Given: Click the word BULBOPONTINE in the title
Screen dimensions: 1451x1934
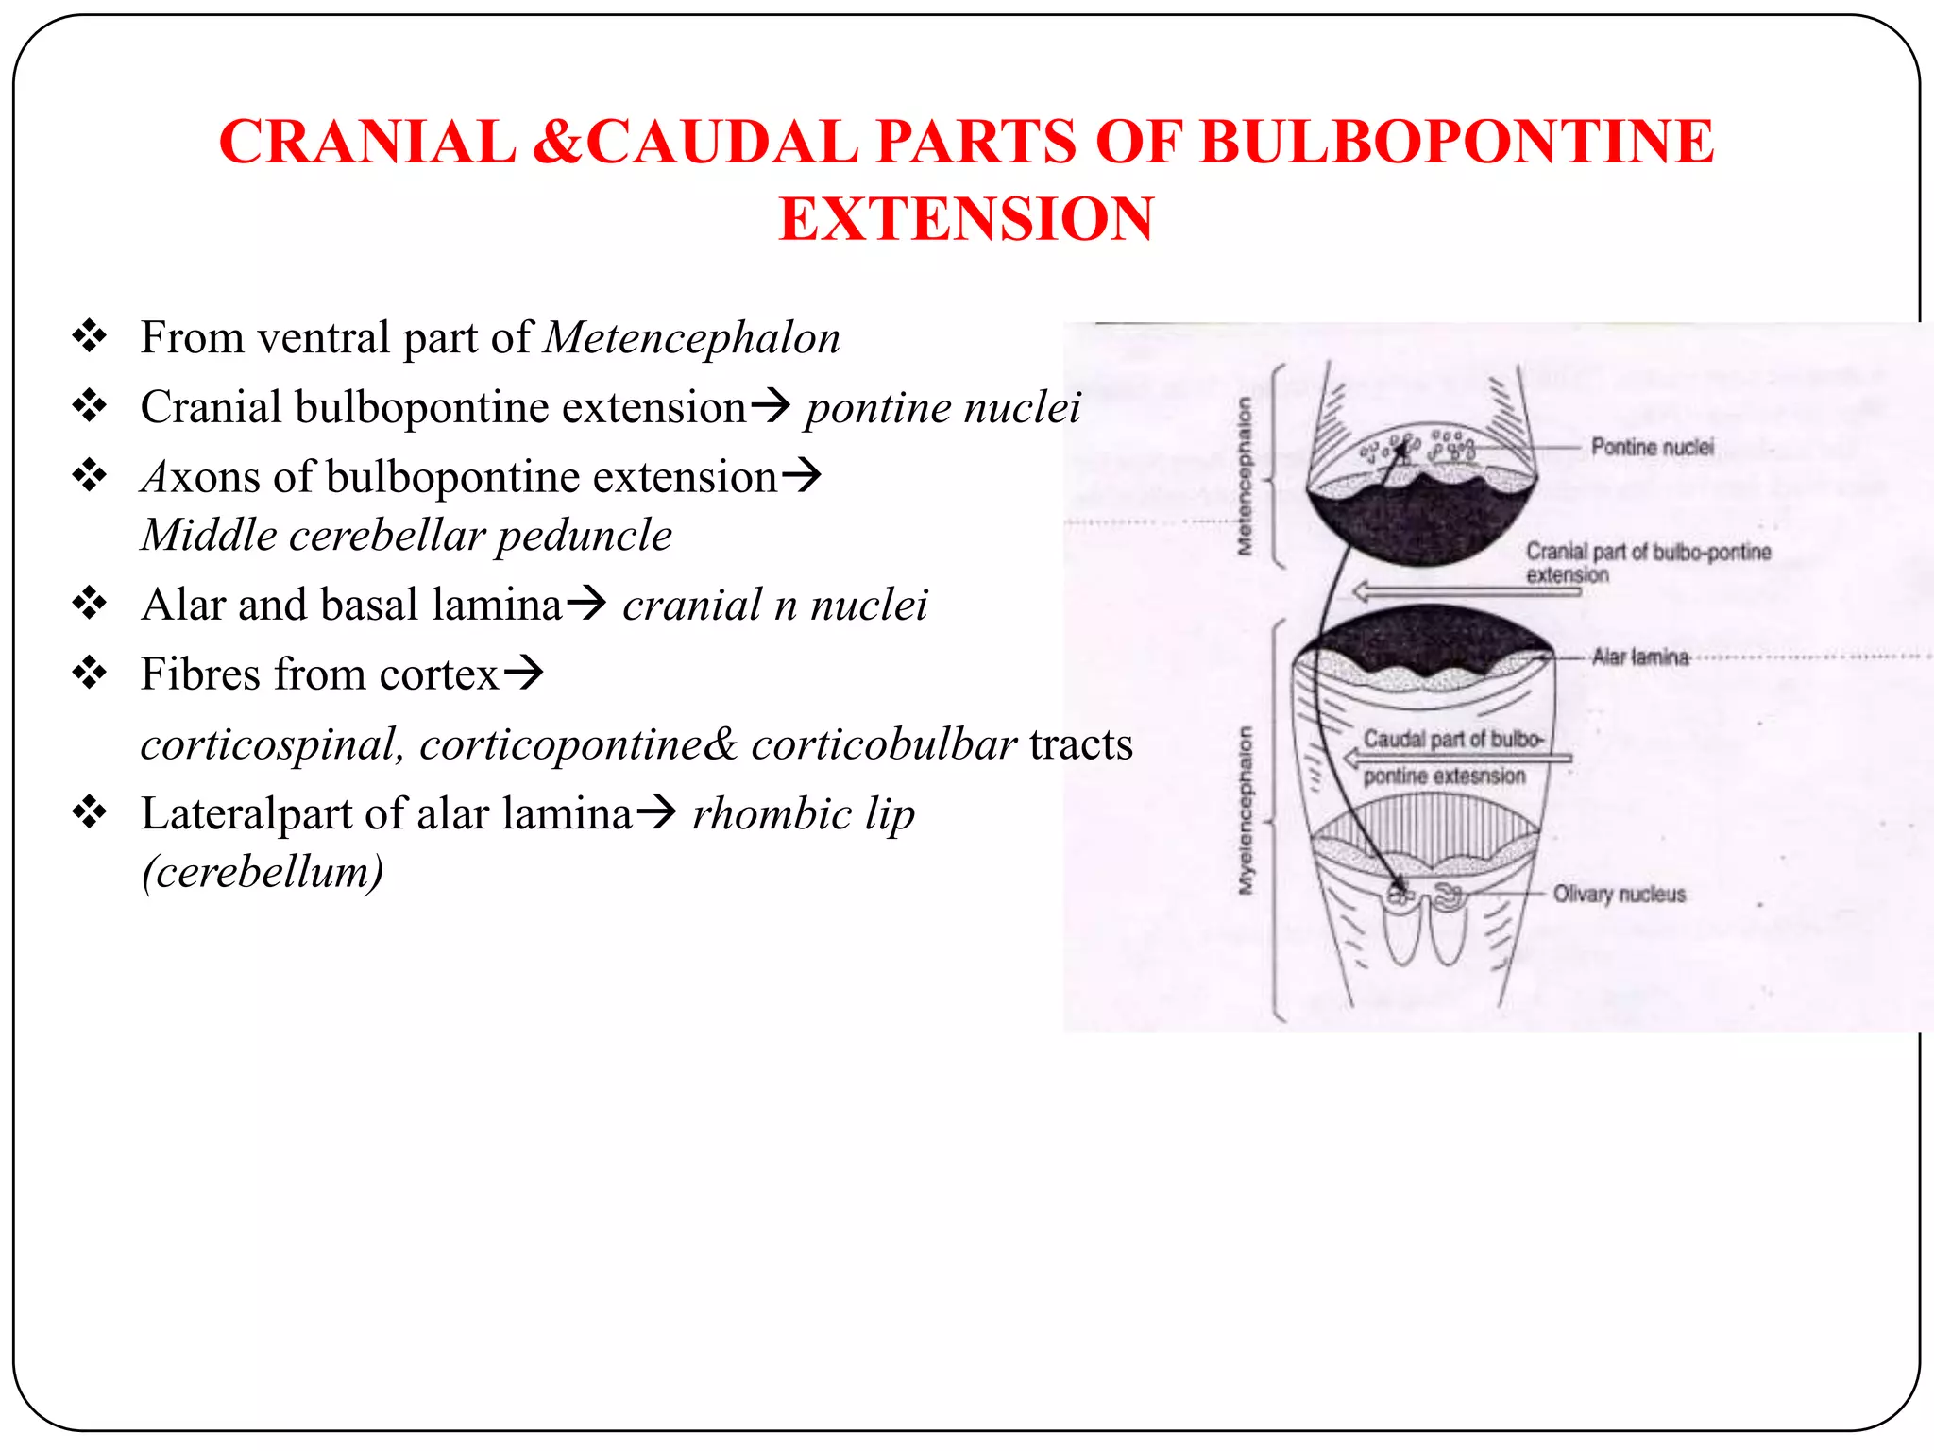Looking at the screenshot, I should coord(1455,142).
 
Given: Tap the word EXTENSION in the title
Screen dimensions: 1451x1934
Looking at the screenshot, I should coord(966,219).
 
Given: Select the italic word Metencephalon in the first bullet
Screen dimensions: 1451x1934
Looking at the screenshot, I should coord(691,338).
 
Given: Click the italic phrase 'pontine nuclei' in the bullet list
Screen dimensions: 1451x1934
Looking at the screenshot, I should coord(942,408).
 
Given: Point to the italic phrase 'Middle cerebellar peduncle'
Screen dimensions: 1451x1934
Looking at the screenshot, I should coord(406,536).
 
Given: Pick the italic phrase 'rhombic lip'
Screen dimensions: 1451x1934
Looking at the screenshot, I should coord(804,814).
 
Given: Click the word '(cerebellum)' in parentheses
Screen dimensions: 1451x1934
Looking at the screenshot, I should coord(263,871).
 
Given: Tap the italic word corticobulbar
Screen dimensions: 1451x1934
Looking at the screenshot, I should coord(884,744).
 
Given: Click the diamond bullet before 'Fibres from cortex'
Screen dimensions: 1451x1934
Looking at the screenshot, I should coord(90,674).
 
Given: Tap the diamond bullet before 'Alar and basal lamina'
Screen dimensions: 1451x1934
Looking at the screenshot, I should coord(90,604).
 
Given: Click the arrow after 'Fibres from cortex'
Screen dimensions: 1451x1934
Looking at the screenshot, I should coord(524,673).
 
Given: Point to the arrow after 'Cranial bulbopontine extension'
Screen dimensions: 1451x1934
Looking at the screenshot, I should coord(770,406).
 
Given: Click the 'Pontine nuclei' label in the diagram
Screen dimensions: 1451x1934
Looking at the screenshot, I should coord(1652,447).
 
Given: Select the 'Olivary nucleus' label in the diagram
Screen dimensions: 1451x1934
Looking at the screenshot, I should coord(1619,894).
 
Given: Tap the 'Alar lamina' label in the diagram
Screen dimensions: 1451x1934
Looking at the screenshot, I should coord(1639,657).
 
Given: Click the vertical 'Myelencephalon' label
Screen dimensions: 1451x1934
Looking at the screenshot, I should coord(1247,810).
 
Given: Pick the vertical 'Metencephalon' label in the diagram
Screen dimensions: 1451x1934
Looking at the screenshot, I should coord(1246,475).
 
